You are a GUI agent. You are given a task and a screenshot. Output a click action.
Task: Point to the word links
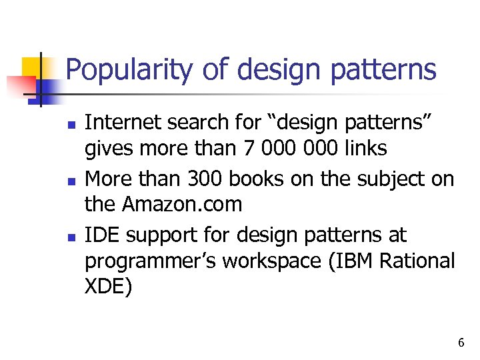click(x=363, y=147)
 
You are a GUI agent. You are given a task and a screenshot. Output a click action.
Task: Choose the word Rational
click(x=419, y=261)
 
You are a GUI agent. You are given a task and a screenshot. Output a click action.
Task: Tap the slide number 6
click(x=461, y=343)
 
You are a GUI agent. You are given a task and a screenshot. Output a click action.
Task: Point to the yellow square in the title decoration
click(x=32, y=67)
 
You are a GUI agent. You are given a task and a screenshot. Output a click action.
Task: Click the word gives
click(x=107, y=148)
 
